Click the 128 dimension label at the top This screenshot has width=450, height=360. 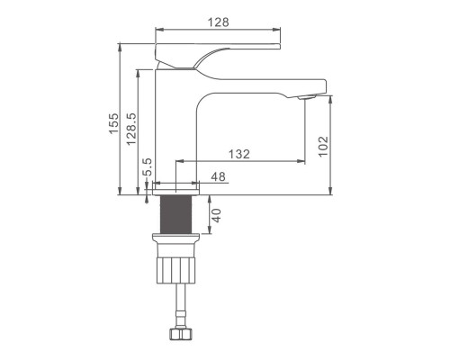click(x=219, y=22)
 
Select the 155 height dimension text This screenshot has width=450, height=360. click(x=113, y=123)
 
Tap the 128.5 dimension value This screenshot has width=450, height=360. click(x=131, y=129)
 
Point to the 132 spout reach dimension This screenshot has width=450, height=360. click(x=239, y=154)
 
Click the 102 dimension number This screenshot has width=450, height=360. click(x=323, y=147)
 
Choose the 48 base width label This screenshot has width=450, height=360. click(x=218, y=176)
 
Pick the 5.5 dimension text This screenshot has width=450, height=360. click(x=148, y=167)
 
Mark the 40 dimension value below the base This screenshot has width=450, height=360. click(x=217, y=215)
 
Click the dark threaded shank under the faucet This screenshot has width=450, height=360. click(x=175, y=214)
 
